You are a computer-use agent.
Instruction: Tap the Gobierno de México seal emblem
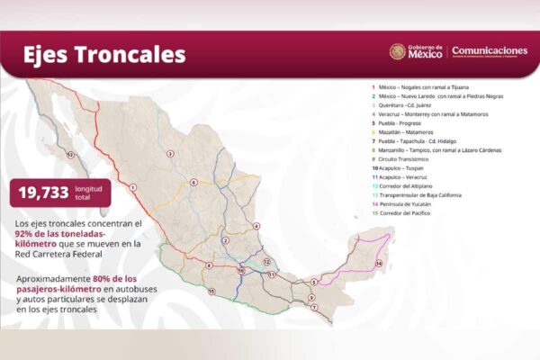[x=397, y=52]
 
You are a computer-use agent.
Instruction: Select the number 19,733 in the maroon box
[x=45, y=192]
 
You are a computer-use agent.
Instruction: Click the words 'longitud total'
[x=94, y=192]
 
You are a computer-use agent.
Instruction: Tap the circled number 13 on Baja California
[x=70, y=155]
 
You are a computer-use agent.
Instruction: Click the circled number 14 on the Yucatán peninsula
[x=379, y=263]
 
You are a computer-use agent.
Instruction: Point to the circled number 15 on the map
[x=211, y=292]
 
